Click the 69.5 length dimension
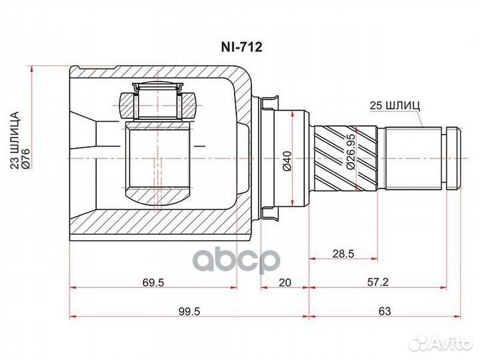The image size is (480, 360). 153,282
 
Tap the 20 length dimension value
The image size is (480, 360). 284,282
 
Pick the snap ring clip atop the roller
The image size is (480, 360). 159,87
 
